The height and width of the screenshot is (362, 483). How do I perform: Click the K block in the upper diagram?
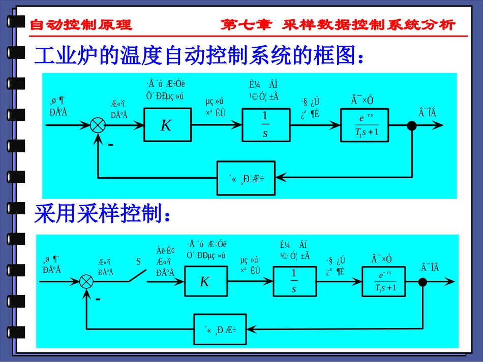point(166,125)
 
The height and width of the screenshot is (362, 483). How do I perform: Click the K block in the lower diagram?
point(204,281)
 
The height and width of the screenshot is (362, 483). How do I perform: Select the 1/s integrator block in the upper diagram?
point(265,125)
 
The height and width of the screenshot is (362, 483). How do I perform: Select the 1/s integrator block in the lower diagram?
point(294,281)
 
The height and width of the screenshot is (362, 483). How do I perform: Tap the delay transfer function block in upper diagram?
point(366,125)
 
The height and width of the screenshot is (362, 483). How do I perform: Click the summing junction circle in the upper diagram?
point(97,125)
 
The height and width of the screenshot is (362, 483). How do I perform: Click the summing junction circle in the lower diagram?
point(87,281)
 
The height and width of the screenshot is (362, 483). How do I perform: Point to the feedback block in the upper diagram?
point(247,178)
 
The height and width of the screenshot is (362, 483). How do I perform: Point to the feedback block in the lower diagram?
point(223,329)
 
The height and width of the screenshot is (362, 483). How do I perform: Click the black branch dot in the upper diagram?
point(412,125)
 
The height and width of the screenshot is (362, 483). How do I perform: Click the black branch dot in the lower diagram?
point(422,281)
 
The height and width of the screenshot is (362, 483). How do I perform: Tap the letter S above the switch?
point(138,262)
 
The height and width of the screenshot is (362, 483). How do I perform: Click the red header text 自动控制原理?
point(81,25)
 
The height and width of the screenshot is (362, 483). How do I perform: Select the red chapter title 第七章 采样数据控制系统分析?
point(338,25)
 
